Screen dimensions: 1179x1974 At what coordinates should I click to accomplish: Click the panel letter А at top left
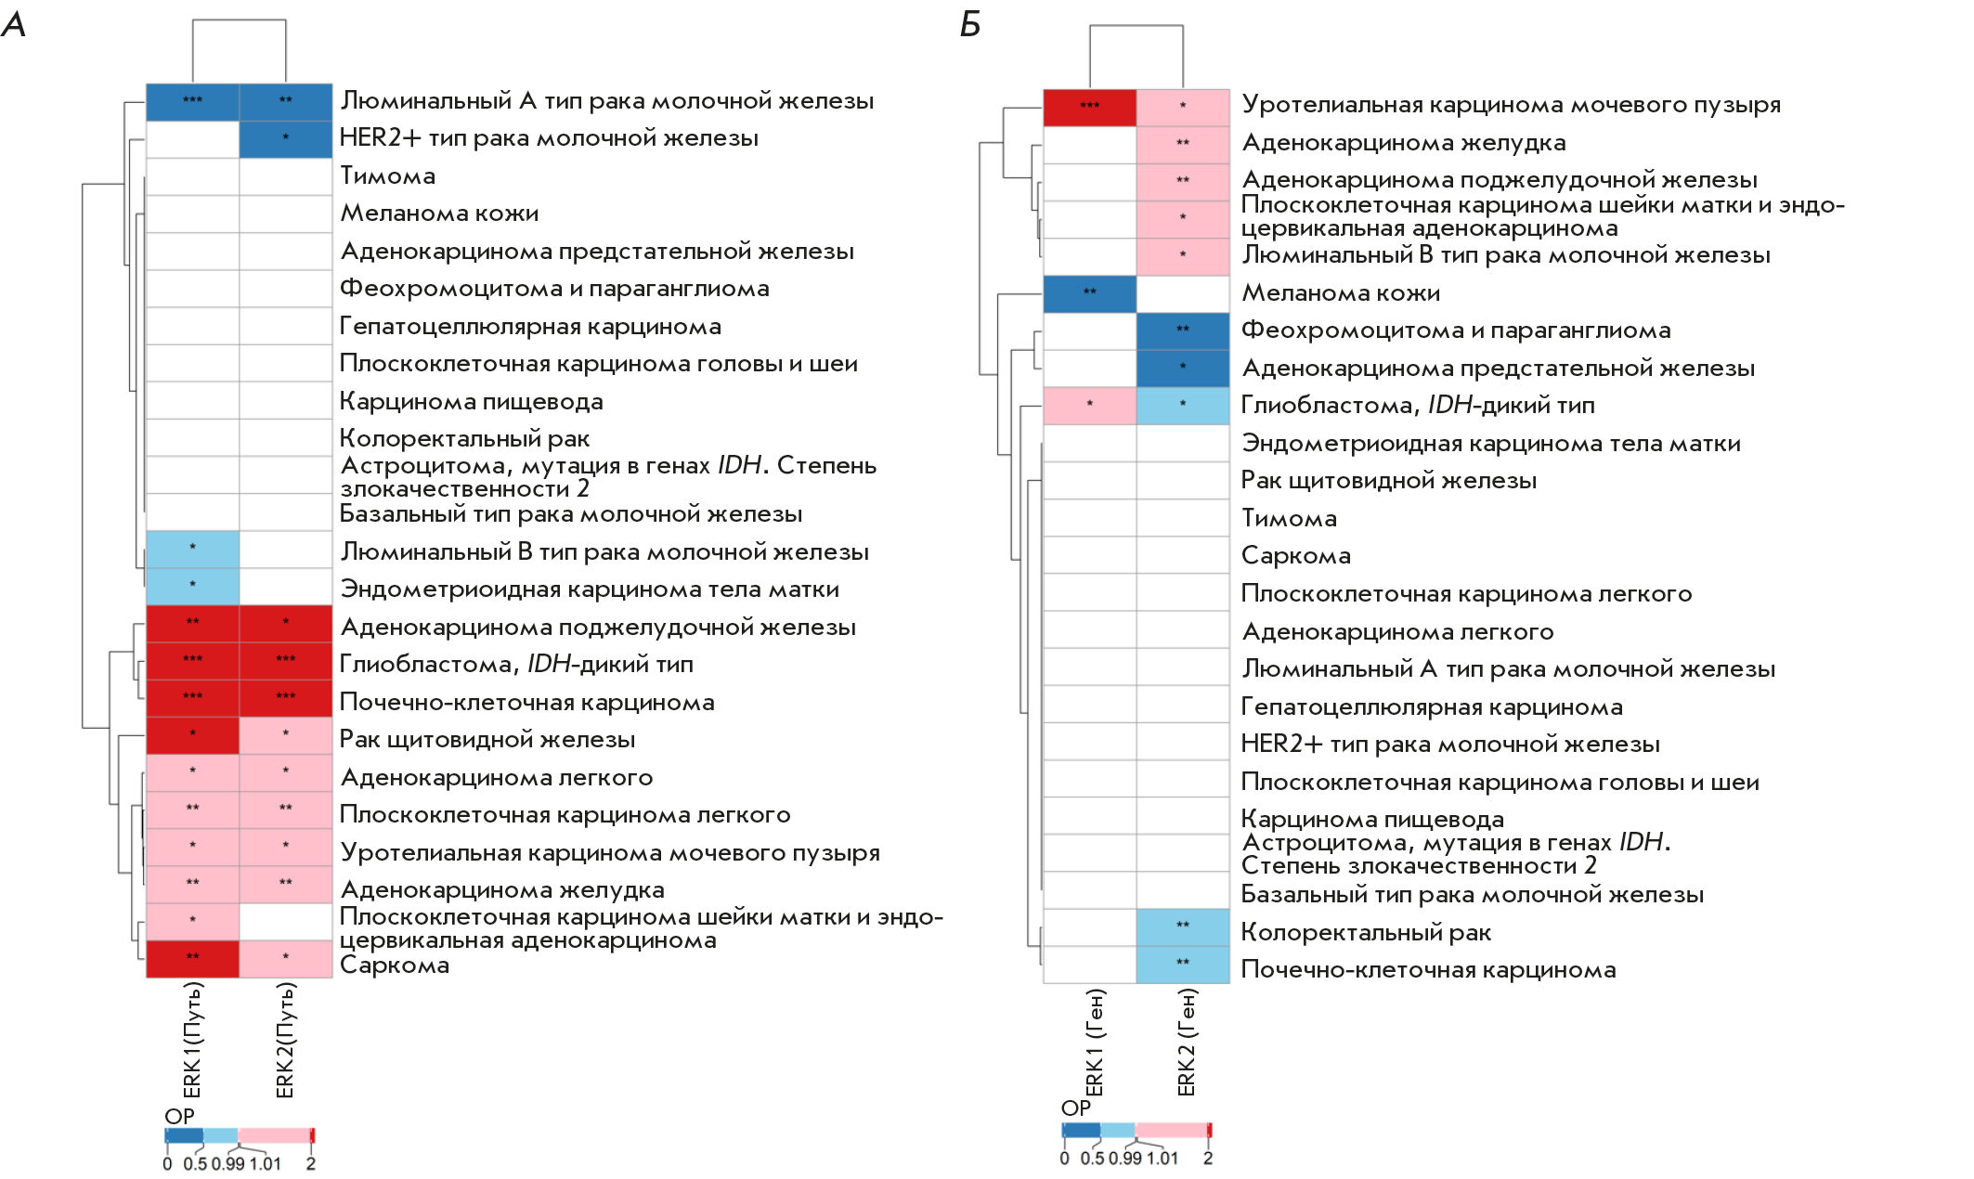coord(14,24)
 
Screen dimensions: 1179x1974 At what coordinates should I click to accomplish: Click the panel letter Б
coord(970,24)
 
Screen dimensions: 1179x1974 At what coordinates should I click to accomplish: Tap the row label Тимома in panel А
coord(387,175)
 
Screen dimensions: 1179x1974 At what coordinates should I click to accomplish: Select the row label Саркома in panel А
coord(395,965)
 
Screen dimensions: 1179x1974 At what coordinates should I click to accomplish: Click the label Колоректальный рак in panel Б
coord(1366,932)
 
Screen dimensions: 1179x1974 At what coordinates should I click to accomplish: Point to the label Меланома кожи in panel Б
coord(1341,292)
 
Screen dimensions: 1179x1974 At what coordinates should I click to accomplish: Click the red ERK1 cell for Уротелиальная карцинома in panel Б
coord(1089,107)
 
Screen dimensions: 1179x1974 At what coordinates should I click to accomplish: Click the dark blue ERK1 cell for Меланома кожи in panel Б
coord(1089,293)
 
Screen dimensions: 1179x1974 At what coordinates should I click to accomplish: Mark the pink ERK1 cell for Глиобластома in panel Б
coord(1089,406)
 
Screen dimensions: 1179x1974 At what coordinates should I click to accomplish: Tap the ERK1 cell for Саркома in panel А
coord(192,958)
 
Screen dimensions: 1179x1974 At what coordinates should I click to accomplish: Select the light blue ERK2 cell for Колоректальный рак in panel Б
coord(1183,926)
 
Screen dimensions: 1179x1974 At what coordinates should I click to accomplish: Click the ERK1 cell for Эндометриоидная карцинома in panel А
coord(192,586)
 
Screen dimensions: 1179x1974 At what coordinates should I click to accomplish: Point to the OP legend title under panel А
coord(179,1116)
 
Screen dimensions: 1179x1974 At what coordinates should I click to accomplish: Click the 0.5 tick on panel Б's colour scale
coord(1092,1159)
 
